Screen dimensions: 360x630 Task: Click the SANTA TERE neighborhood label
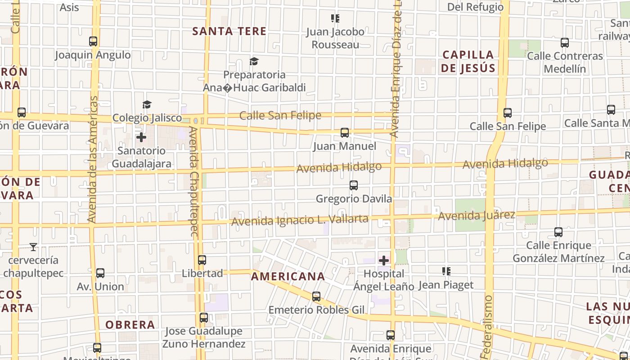229,31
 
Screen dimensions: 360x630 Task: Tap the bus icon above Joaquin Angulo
93,41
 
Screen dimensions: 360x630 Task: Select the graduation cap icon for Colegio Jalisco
147,105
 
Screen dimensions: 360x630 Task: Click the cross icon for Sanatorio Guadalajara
141,137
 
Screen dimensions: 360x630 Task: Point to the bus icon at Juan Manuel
345,133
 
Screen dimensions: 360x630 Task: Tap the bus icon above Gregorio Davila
354,185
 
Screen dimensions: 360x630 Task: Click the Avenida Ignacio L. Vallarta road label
300,220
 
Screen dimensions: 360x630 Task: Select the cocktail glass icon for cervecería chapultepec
33,247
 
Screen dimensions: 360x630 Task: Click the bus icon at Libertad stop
202,260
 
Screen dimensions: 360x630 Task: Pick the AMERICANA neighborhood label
288,276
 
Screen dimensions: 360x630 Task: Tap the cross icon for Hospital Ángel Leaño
384,261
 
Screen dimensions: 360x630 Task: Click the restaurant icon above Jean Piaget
446,271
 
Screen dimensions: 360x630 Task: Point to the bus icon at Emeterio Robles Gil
316,297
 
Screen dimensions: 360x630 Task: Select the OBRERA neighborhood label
130,324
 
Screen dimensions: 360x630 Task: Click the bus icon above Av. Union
100,273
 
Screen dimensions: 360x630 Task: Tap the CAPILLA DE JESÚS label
468,62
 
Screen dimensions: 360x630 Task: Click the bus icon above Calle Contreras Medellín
565,43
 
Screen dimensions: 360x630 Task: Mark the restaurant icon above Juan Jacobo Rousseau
335,18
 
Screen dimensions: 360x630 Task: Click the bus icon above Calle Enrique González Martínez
558,232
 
